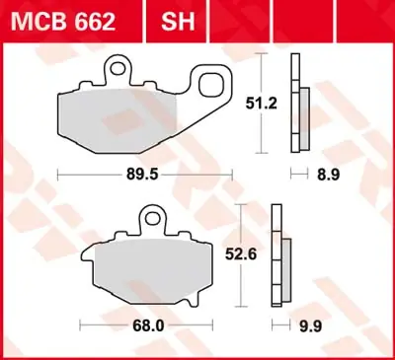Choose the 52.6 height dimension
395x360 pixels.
coord(262,254)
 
